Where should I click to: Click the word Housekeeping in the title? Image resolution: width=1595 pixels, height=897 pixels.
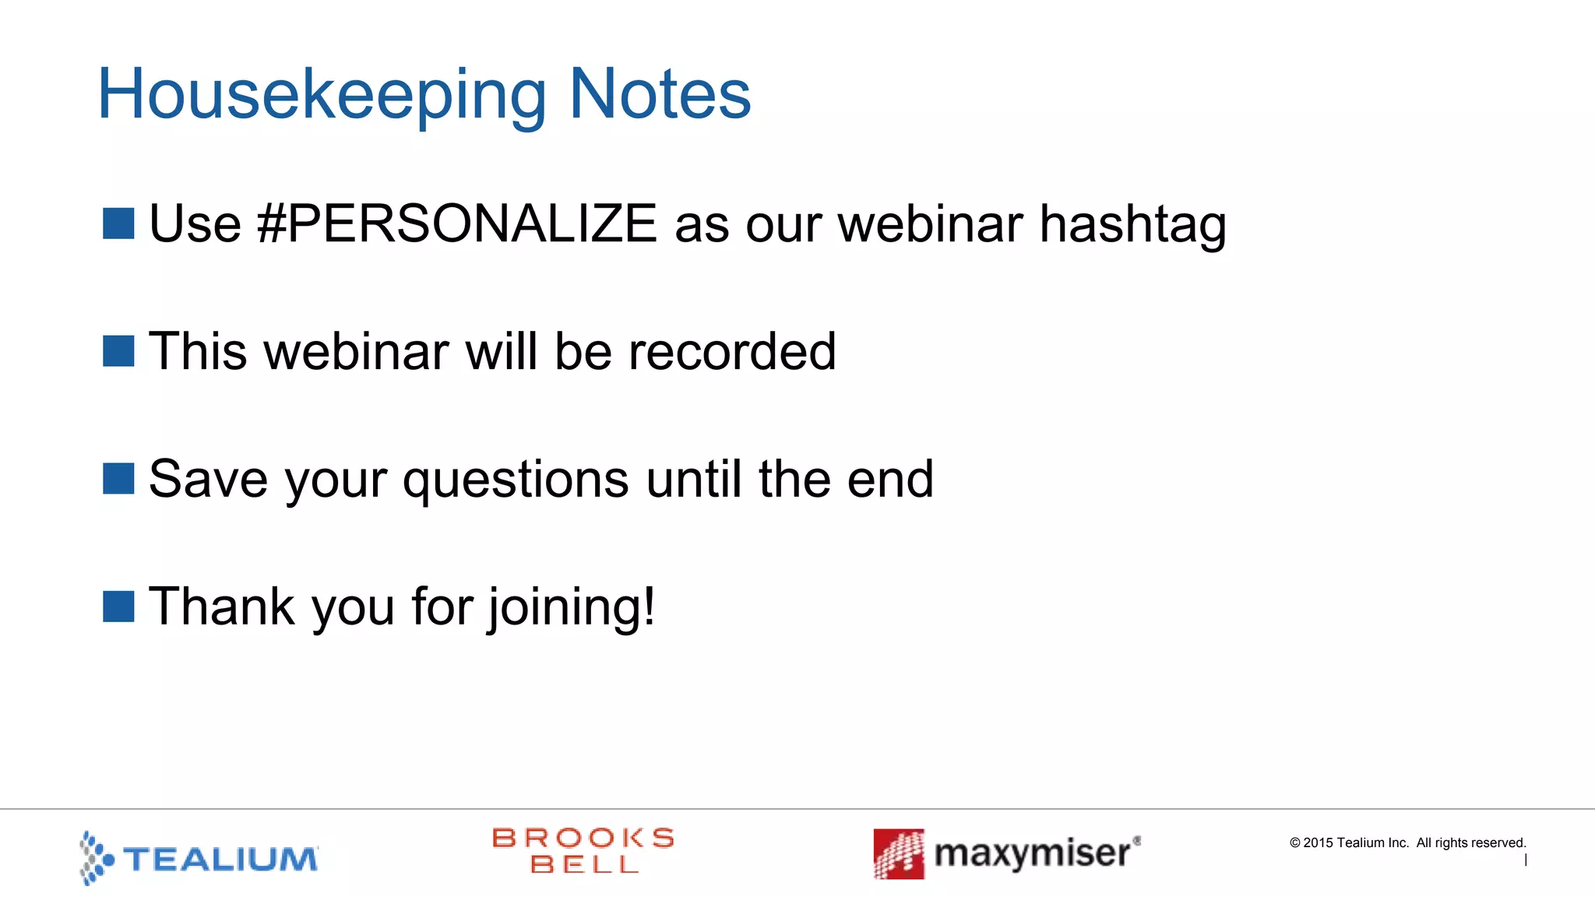coord(321,95)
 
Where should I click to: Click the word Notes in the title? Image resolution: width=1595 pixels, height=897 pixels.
coord(660,95)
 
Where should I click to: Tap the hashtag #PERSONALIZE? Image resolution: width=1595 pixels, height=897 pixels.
coord(456,224)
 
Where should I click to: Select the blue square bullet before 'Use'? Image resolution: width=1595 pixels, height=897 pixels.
coord(118,223)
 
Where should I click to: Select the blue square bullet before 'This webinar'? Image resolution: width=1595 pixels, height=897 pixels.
coord(118,351)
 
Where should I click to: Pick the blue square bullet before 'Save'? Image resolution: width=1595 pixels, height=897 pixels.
coord(118,479)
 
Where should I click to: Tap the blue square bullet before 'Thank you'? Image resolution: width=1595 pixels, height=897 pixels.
coord(118,607)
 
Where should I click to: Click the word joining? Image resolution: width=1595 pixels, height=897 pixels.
coord(572,607)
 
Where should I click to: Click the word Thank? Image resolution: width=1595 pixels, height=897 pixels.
coord(222,607)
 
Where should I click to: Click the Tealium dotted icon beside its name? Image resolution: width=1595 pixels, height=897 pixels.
coord(97,858)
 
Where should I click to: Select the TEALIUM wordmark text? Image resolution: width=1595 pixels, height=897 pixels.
coord(220,860)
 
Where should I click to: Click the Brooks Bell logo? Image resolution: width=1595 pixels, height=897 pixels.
coord(583,850)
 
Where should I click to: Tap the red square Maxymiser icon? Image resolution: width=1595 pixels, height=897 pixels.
coord(899,853)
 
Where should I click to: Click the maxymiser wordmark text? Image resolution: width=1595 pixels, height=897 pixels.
coord(1033,854)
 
